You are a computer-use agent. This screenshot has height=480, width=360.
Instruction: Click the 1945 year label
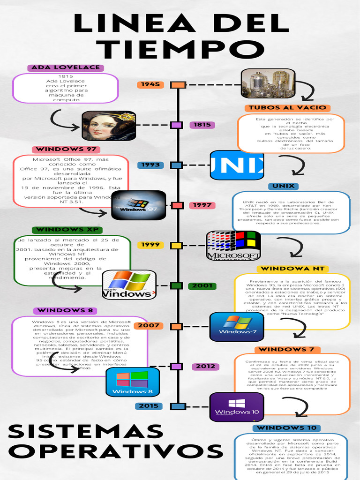(x=150, y=85)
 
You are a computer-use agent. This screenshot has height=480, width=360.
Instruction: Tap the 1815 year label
(x=202, y=125)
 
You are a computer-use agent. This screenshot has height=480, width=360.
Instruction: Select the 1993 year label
(x=150, y=165)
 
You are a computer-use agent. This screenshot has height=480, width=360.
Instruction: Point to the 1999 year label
(x=150, y=245)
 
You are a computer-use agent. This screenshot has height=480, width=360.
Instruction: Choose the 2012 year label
(x=205, y=366)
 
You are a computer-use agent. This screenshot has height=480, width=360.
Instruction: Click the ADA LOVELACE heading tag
(x=66, y=67)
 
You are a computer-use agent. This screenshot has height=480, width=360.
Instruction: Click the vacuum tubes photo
(x=268, y=83)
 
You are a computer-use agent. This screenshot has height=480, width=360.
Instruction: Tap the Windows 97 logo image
(x=139, y=205)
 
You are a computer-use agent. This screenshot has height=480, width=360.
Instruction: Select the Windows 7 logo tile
(x=237, y=326)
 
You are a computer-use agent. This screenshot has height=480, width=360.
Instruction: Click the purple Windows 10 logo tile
(x=237, y=407)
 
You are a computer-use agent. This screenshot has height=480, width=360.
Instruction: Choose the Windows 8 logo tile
(x=133, y=382)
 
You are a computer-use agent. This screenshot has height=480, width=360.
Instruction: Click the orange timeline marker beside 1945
(x=178, y=85)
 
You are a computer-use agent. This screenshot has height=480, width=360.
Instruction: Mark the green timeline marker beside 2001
(x=177, y=285)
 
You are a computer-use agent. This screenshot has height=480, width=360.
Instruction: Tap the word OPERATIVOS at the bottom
(x=115, y=452)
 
